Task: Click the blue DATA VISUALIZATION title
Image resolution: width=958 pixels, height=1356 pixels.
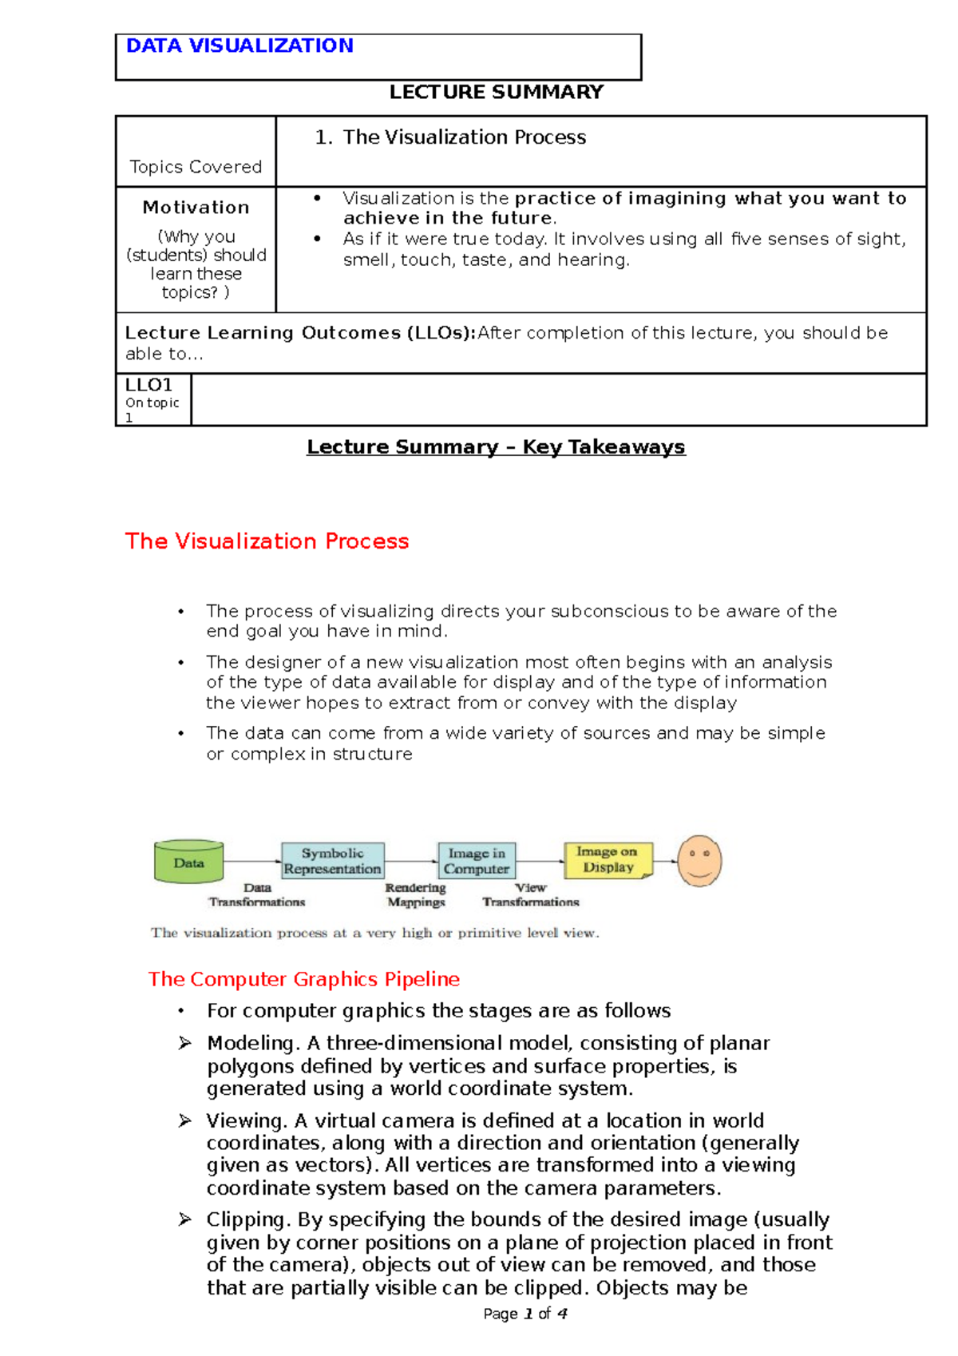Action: coord(239,46)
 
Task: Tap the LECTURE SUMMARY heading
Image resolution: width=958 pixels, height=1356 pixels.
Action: coord(496,92)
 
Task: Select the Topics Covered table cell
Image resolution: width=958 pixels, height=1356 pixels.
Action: coord(196,166)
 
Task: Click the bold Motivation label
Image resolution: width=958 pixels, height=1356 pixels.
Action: coord(196,208)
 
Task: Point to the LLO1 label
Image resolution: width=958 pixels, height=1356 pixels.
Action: coord(148,385)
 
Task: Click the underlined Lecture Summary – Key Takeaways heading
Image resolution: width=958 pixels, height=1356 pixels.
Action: coord(496,447)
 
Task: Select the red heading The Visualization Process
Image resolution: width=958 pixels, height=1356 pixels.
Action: coord(267,541)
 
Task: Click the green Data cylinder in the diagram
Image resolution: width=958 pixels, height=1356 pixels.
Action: coord(188,862)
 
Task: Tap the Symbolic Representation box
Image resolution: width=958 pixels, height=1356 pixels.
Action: coord(332,861)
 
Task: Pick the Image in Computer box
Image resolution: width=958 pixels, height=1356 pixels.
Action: coord(477,861)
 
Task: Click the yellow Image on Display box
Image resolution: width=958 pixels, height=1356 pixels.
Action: coord(608,859)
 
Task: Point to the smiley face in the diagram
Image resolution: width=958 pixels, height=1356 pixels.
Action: coord(699,861)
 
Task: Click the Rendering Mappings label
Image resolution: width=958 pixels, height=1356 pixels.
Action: coord(415,895)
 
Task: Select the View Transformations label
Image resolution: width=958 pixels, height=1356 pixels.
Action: coord(531,895)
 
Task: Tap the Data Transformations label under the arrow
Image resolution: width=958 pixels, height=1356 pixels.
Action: coord(257,895)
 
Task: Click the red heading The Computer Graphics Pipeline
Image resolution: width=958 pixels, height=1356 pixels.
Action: coord(304,979)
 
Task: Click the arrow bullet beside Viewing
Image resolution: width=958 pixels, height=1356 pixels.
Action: coord(184,1121)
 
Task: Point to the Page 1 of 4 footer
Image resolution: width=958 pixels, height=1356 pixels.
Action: coord(525,1314)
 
